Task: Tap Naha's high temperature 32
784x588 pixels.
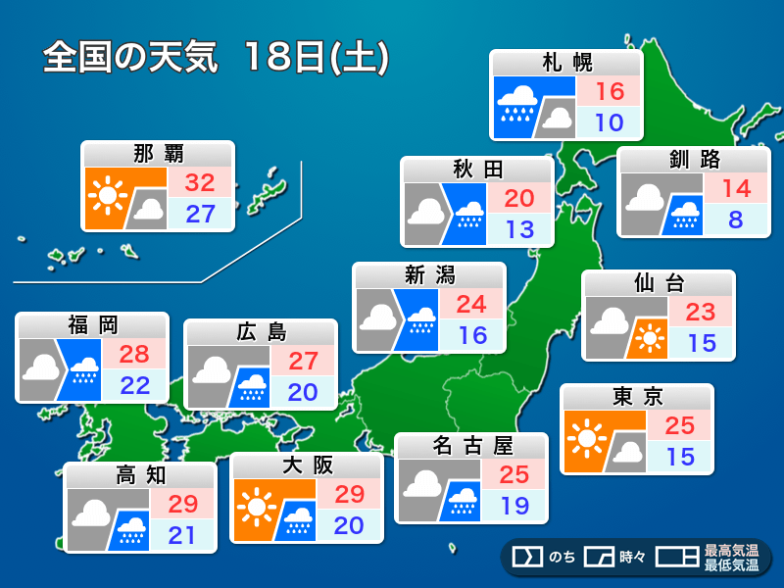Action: click(x=200, y=182)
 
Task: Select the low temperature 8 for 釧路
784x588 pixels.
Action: click(x=736, y=220)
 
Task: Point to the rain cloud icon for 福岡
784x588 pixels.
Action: click(x=85, y=368)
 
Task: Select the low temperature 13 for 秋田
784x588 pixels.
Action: click(x=520, y=229)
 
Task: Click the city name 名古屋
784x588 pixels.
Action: click(x=472, y=447)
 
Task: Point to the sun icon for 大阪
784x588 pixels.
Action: click(x=258, y=506)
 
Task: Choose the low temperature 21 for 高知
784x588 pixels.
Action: click(x=182, y=536)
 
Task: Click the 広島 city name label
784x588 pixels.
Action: click(x=262, y=332)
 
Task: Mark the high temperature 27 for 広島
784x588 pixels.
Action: click(x=304, y=361)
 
